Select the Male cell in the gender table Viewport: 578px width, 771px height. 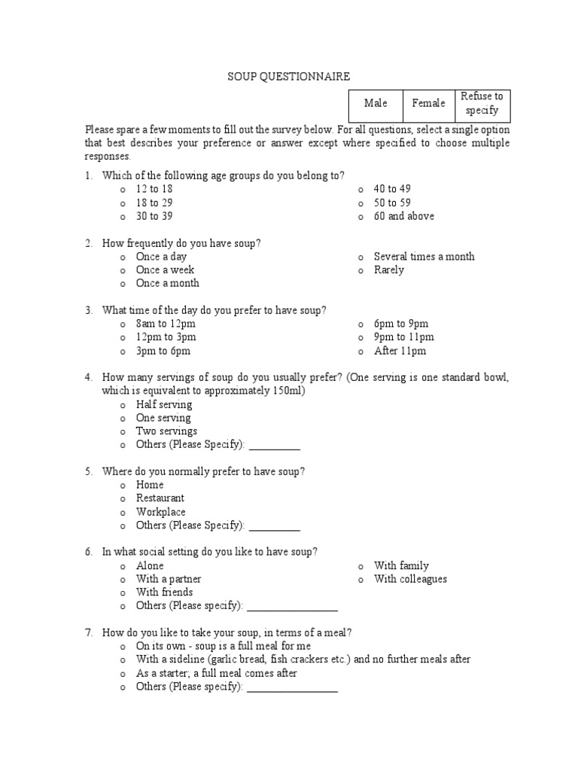coord(376,103)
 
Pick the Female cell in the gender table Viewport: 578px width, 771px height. coord(428,103)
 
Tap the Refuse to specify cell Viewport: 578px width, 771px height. coord(482,103)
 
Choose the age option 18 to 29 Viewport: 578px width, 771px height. coord(154,203)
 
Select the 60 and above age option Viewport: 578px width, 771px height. coord(403,216)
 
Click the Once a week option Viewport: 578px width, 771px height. coord(165,270)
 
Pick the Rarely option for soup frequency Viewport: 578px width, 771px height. coord(388,270)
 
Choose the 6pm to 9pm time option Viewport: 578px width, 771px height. coord(401,324)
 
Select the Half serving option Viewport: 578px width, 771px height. coord(163,404)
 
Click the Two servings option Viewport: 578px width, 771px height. coord(166,431)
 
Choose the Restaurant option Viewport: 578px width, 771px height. coord(160,498)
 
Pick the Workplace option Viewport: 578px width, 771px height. coord(160,512)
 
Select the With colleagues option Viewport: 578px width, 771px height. coord(410,579)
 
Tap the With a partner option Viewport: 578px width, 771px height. coord(169,579)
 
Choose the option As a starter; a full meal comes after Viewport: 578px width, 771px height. coord(216,673)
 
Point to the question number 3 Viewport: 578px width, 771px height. coord(88,310)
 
